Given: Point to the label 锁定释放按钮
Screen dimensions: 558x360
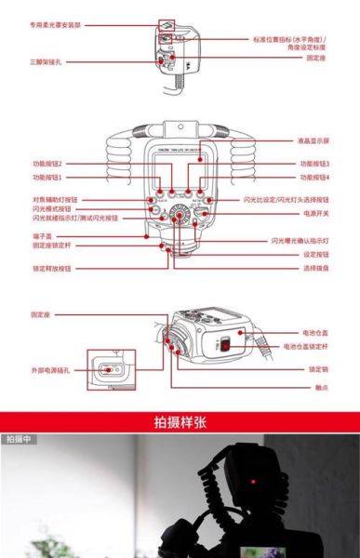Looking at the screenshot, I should pos(52,267).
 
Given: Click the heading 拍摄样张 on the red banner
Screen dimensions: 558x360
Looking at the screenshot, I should pos(180,421).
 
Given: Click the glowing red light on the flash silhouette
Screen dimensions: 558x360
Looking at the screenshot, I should pos(253,481).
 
